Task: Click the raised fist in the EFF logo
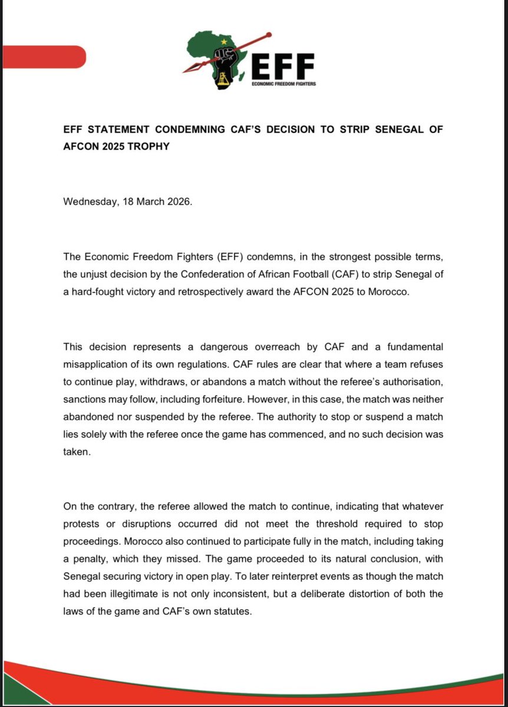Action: (x=224, y=61)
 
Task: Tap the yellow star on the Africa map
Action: (x=223, y=41)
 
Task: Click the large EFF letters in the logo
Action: (x=282, y=65)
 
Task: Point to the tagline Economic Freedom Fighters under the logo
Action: (x=283, y=84)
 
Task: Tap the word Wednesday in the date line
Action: (x=87, y=201)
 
